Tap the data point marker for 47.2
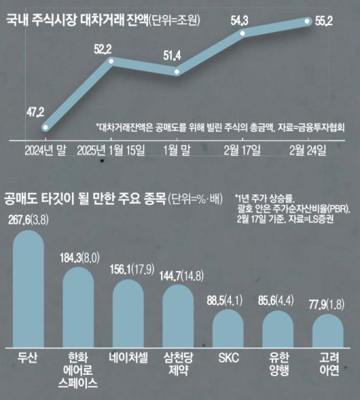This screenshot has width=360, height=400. click(x=46, y=127)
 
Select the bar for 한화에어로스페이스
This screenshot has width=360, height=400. click(x=83, y=306)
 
